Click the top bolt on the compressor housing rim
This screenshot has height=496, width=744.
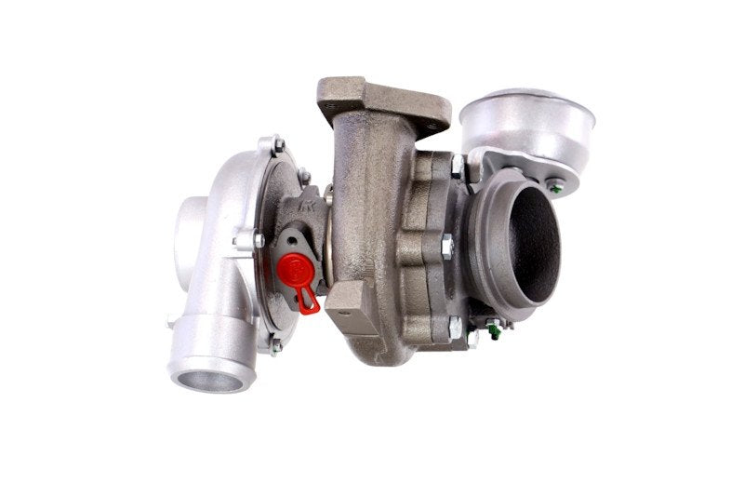pos(277,145)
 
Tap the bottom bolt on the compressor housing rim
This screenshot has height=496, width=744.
pos(275,346)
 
